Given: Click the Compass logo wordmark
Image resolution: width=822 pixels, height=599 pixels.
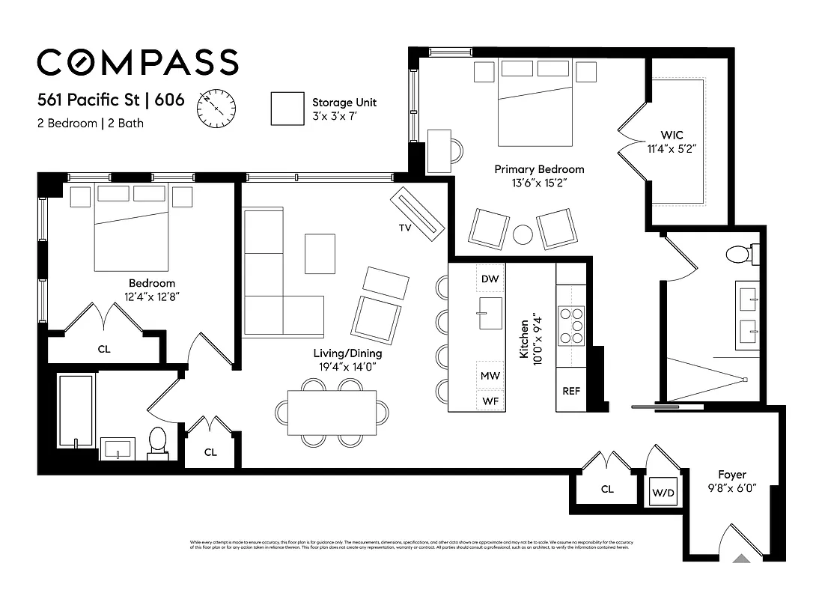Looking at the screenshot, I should tap(138, 62).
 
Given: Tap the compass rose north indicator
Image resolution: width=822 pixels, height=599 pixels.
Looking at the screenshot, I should tap(216, 109).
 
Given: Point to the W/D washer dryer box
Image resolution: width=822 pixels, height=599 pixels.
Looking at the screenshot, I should tap(663, 493).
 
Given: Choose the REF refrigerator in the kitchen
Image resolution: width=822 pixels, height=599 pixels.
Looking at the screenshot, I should tap(571, 391).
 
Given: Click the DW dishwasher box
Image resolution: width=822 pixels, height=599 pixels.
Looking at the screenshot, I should tap(490, 279).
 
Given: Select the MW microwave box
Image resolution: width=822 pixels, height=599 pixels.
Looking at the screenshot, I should tap(490, 375).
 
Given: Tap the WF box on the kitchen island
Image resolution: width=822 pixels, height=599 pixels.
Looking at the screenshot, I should tap(490, 401).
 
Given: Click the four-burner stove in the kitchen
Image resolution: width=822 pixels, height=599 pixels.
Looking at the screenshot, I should tap(572, 326).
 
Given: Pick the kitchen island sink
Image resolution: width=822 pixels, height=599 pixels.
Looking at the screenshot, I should tap(490, 312).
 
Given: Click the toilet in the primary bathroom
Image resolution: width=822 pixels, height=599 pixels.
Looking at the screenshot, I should tap(740, 255).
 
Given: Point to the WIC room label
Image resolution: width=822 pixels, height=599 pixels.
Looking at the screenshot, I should tap(672, 136).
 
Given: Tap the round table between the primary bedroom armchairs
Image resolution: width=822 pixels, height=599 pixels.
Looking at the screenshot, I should tap(523, 235).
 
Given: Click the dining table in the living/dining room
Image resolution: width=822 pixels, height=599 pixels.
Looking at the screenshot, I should tap(332, 413).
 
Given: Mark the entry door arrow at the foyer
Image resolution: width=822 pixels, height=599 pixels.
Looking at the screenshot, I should tap(740, 557).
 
